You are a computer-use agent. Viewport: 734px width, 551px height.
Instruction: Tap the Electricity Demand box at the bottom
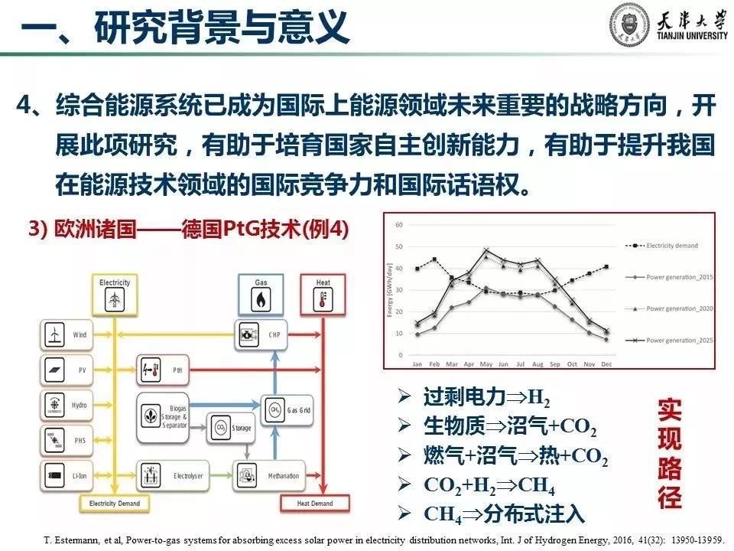[x=115, y=504]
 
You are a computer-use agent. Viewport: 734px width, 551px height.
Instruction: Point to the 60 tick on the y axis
[x=398, y=225]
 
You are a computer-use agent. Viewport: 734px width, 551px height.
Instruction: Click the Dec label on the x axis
[x=606, y=364]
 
